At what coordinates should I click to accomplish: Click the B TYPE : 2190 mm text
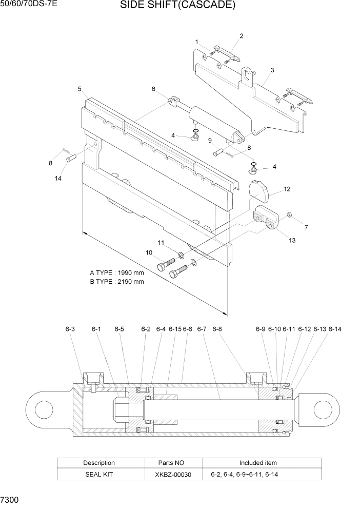point(117,282)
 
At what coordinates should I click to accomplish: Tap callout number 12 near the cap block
point(287,189)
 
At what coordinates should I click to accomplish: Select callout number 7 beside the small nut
point(306,227)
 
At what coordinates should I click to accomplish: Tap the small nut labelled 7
point(290,213)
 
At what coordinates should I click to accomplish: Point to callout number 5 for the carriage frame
point(80,89)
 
